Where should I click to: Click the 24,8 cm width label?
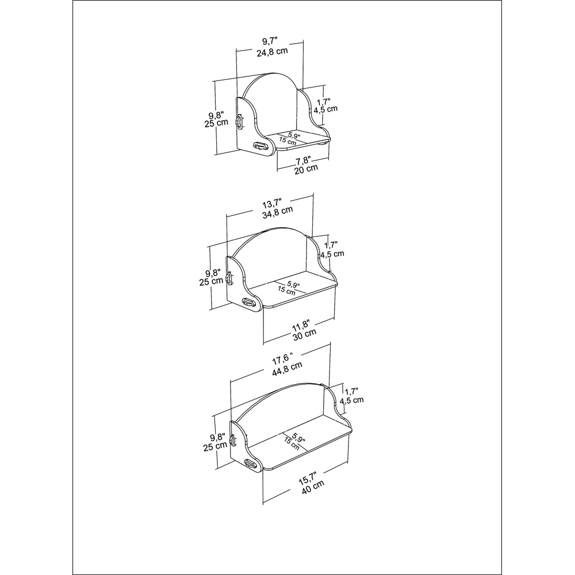272,52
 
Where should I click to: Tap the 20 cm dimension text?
305,169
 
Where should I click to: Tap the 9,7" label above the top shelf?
269,41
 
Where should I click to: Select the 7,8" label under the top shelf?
303,159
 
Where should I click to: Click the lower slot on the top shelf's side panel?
260,146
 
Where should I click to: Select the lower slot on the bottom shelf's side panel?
250,463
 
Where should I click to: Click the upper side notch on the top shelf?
240,122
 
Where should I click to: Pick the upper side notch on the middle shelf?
230,279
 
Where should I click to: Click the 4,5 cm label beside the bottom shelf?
352,400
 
